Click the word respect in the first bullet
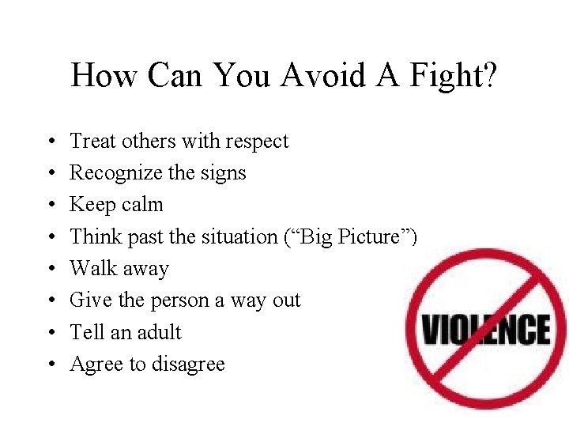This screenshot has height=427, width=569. pos(258,142)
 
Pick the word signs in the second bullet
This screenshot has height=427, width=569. pos(224,173)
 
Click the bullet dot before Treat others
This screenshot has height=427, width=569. pos(50,142)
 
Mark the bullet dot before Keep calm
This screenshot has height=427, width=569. pos(50,206)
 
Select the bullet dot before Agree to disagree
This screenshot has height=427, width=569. pos(50,365)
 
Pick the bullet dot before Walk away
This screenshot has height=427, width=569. pos(50,270)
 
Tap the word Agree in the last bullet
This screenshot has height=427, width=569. pos(92,365)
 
